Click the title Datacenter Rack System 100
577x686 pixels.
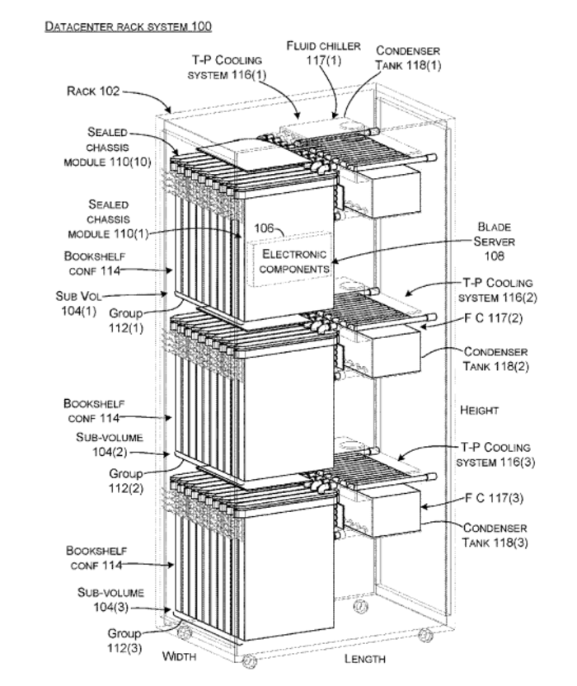click(128, 26)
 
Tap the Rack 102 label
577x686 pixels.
click(93, 92)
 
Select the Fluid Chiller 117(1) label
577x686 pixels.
click(324, 53)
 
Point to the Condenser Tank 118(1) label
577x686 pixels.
click(409, 58)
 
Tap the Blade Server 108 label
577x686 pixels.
click(495, 242)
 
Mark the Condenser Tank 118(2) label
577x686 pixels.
click(495, 359)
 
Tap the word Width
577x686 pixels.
click(179, 656)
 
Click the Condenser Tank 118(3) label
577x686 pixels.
click(495, 535)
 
